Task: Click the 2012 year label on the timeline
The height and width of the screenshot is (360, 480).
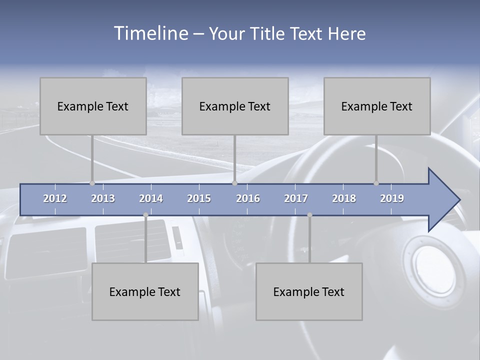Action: tap(55, 198)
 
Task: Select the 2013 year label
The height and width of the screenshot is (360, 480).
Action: tap(103, 198)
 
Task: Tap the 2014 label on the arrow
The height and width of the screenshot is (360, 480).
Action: tap(151, 198)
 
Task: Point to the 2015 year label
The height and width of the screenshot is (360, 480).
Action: tap(199, 198)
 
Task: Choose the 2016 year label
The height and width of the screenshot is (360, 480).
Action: tap(248, 198)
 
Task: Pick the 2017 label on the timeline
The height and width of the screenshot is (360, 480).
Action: tap(296, 198)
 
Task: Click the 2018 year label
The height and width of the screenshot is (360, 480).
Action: tap(344, 198)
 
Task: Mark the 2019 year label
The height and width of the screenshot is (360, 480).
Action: tap(392, 198)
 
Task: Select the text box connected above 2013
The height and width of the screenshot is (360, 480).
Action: tap(93, 106)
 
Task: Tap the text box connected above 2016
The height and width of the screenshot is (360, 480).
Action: tap(235, 106)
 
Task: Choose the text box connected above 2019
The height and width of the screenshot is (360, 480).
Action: tap(377, 106)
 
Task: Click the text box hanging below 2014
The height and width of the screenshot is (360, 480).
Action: tap(145, 292)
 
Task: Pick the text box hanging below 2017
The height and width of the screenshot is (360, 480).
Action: tap(309, 292)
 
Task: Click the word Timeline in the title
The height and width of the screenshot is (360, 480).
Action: tap(150, 33)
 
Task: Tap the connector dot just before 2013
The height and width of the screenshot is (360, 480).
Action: tap(92, 183)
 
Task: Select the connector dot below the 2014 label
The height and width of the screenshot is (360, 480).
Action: tap(145, 215)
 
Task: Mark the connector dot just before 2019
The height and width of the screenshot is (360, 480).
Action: tap(376, 183)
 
